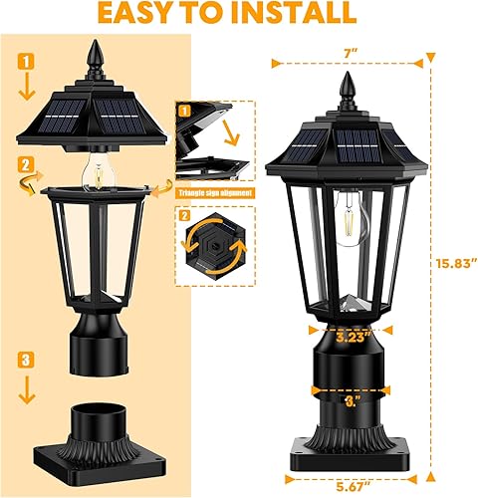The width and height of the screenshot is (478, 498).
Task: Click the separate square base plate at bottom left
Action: point(97,442)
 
